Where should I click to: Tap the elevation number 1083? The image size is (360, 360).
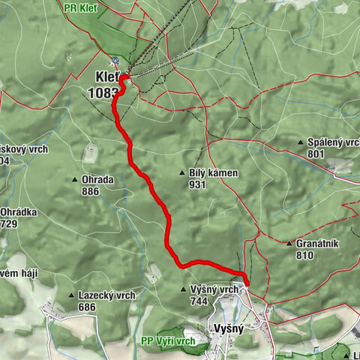[103, 93]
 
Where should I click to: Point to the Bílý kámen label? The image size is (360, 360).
[214, 173]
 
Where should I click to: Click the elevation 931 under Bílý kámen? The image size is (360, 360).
[198, 184]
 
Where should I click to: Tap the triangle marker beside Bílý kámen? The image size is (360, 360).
[182, 173]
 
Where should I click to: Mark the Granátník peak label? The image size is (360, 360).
[319, 244]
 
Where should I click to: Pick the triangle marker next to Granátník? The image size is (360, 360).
[289, 244]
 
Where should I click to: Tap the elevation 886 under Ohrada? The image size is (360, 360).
[91, 191]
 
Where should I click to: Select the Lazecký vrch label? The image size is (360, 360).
[106, 295]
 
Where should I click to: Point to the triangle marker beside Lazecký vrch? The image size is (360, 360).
[71, 295]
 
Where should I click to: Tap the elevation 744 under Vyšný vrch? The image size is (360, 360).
[198, 301]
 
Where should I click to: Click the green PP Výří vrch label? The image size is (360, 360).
[168, 341]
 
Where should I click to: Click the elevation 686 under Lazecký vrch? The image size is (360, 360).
[88, 307]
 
